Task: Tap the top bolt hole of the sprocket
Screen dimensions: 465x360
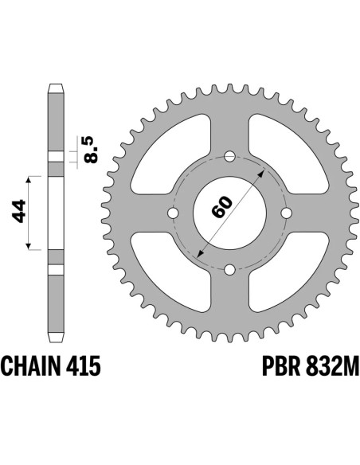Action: point(229,156)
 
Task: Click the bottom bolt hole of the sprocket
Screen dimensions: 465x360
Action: point(229,269)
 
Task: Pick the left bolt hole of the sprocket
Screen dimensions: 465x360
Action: point(173,213)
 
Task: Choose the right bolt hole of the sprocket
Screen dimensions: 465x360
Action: point(286,213)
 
